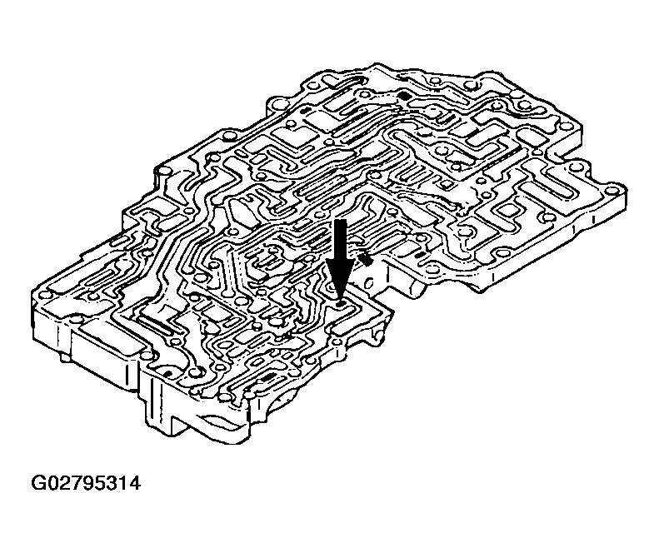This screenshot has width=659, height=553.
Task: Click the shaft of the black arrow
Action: coord(342,242)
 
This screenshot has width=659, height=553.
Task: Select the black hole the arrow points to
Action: coord(342,302)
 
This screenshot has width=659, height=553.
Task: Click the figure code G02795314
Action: coord(86,483)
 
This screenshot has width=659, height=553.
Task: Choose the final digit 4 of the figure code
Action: coord(134,483)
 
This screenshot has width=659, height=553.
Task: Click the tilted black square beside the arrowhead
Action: coord(365,260)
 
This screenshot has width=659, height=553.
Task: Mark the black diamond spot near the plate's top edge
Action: coord(404,97)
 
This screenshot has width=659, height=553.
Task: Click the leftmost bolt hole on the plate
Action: coord(46,296)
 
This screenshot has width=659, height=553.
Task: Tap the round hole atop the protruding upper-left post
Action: coord(162,171)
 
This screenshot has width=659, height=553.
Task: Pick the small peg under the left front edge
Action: coord(64,357)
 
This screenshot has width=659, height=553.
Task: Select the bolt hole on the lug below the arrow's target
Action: coord(337,341)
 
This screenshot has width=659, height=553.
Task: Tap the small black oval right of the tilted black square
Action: coord(420,255)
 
